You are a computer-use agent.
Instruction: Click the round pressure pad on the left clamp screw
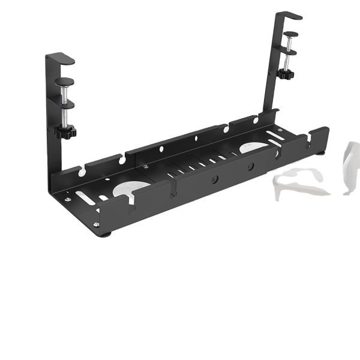coord(64,81)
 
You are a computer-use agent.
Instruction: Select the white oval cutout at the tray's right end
coord(254,148)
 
